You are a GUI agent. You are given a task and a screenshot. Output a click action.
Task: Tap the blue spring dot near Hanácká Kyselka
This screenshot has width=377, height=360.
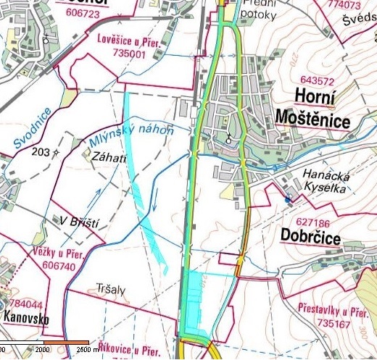click(x=288, y=199)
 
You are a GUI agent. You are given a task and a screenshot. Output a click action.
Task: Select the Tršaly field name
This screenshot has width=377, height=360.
click(x=111, y=289)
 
